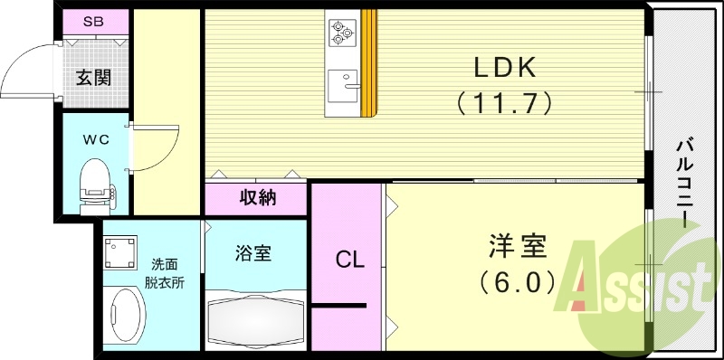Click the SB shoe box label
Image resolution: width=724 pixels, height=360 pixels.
93,22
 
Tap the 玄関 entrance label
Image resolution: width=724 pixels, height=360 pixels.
93,77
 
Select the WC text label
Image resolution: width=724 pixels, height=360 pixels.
97,140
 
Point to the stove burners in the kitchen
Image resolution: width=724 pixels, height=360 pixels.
342,32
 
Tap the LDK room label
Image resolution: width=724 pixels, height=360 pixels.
505,68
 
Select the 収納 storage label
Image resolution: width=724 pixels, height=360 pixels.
258,197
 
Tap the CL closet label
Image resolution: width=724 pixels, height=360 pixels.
350,261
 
